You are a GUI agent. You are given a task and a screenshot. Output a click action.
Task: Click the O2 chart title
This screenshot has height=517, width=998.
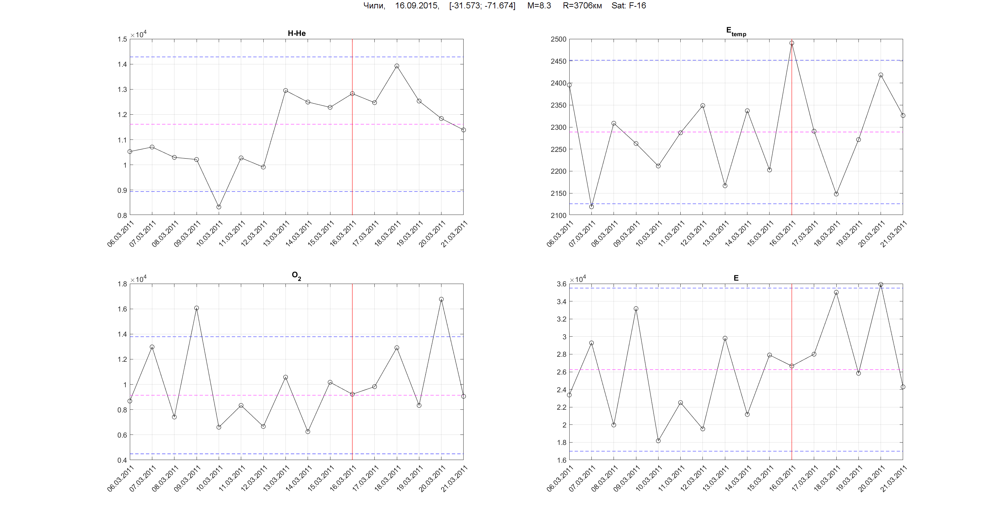296,276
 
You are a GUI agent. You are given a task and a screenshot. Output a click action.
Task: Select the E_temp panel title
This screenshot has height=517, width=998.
736,32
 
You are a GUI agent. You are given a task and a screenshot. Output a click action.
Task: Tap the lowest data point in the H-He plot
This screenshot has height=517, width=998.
219,207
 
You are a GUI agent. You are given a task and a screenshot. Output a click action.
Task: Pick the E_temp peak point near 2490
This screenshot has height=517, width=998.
792,43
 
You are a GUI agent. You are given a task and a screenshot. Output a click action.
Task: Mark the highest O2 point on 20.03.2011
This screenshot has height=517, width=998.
441,299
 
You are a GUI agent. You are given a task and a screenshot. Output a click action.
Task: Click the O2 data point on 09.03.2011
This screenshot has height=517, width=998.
197,308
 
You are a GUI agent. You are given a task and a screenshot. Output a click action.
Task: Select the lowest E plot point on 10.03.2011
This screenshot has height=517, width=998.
658,441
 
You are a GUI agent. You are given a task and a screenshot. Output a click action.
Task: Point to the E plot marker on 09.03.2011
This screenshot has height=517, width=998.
636,309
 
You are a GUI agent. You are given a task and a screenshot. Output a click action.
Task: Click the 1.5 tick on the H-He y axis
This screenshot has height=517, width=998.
122,39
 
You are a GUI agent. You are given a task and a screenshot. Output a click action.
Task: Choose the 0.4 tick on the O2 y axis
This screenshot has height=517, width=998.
122,460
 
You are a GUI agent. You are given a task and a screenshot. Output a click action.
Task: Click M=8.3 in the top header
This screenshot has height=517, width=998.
539,5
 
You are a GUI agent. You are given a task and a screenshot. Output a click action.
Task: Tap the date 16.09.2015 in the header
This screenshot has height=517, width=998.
417,5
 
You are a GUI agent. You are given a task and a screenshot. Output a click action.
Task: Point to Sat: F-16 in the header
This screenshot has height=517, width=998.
628,5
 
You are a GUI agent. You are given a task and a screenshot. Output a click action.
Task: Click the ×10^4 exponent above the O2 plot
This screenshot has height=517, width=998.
138,279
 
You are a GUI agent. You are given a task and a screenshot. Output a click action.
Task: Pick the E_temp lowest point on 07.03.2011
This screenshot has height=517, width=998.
592,207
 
